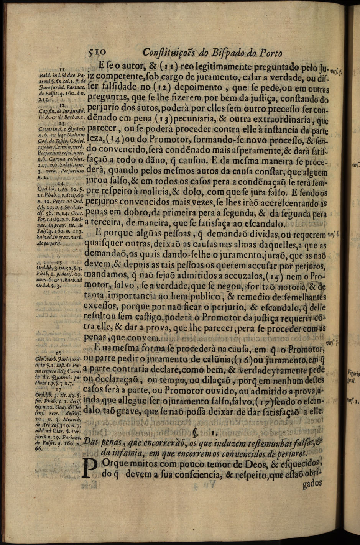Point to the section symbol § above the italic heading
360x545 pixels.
(x=196, y=434)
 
